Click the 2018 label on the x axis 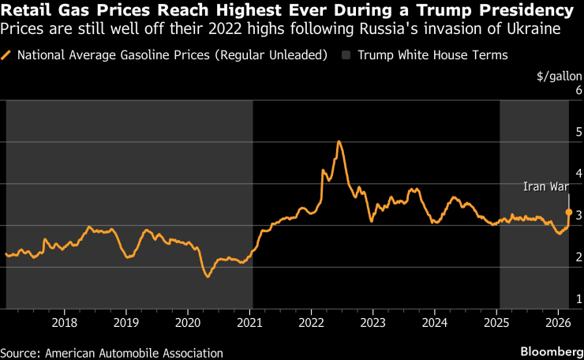pos(64,322)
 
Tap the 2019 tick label pos(126,322)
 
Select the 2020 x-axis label pos(188,322)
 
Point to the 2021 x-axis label pos(249,322)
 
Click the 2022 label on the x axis pos(311,322)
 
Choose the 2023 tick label pos(372,322)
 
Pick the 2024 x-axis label pos(435,322)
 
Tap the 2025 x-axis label pos(496,322)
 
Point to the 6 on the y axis pos(578,89)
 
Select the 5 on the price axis pos(578,131)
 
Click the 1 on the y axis pos(578,298)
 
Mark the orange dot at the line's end pos(569,212)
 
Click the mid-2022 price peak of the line pos(339,141)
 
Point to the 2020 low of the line pos(208,276)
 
